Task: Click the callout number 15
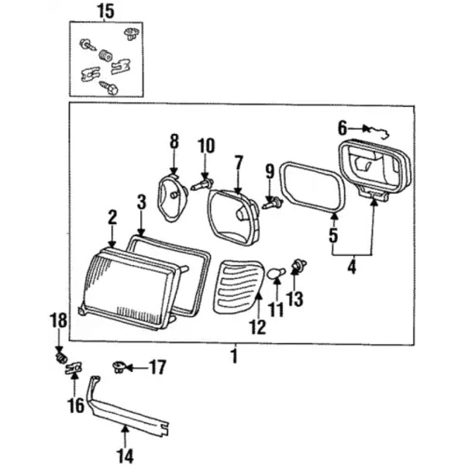coord(105,10)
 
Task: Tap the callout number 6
coord(342,127)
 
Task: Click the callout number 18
coord(59,320)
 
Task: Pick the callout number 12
coord(257,328)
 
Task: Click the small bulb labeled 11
coord(276,273)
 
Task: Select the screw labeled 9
coord(271,203)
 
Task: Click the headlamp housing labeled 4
coord(372,167)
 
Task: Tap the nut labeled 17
coord(119,366)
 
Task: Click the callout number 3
coord(140,203)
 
